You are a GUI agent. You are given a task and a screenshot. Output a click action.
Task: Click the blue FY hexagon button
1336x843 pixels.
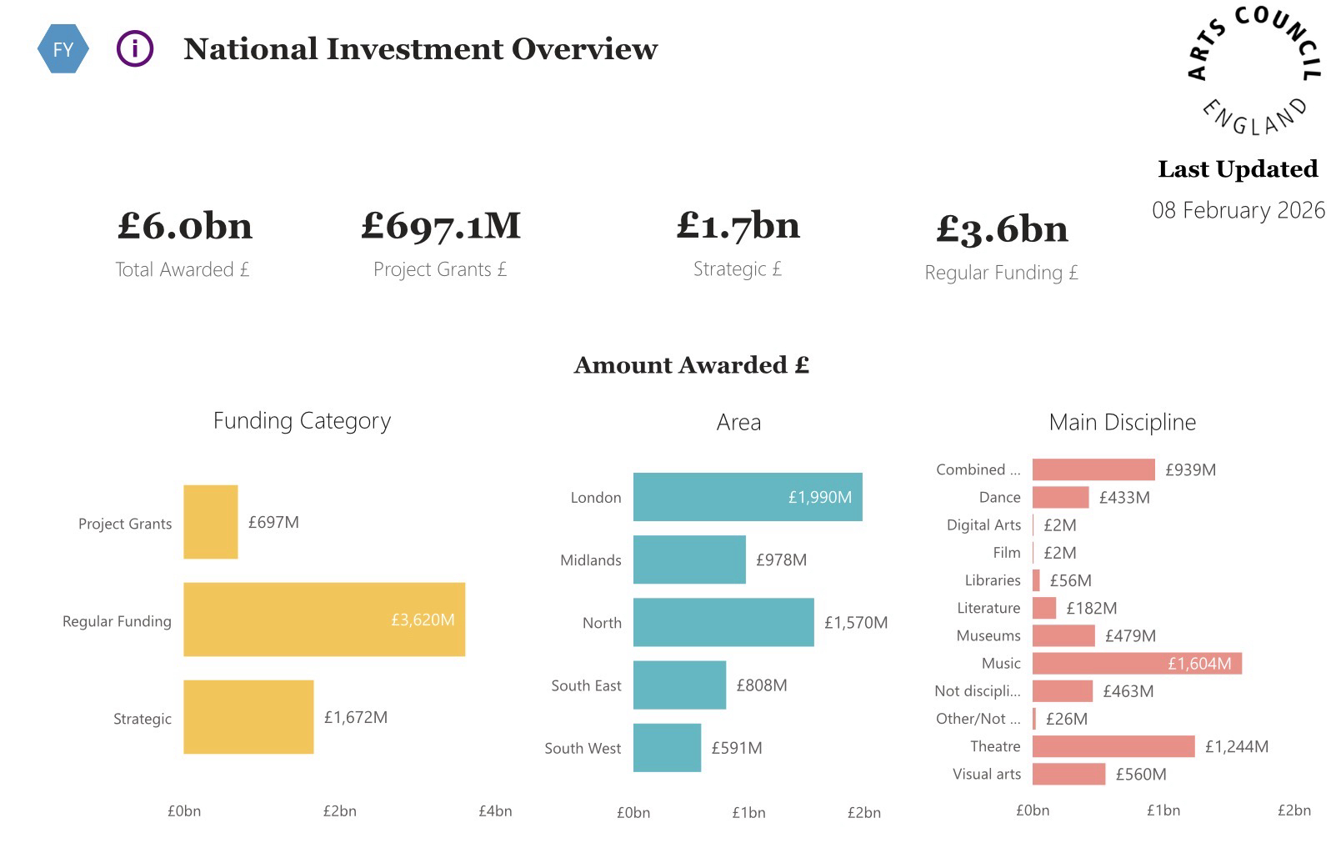pos(63,49)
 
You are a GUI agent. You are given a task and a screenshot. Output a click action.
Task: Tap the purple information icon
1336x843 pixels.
pos(134,48)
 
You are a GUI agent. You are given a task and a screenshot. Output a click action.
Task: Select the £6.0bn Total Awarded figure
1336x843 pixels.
pos(184,226)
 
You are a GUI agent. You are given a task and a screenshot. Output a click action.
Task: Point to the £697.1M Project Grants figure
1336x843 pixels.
pos(440,226)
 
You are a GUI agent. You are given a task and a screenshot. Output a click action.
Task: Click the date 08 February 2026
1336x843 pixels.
pos(1238,210)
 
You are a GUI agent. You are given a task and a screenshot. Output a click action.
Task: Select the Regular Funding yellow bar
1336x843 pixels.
pos(323,620)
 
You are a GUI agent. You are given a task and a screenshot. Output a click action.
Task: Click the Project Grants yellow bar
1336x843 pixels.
pos(210,522)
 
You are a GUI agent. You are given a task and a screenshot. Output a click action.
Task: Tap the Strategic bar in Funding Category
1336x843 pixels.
pos(248,717)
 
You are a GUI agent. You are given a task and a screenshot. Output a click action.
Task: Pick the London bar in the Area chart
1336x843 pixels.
pos(747,497)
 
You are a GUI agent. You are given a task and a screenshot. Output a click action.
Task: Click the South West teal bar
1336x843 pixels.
pos(667,748)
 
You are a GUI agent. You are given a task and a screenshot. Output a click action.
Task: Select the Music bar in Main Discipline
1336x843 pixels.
pos(1136,664)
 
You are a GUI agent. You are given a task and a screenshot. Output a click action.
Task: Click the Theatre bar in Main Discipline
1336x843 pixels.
pos(1113,746)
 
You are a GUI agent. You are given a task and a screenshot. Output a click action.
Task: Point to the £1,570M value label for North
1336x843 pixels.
pos(856,623)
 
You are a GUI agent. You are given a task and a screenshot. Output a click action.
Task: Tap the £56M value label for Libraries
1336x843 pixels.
pos(1070,580)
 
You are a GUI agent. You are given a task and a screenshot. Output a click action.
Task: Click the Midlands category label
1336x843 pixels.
pos(590,560)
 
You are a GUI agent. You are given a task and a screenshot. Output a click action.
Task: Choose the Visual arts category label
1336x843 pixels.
pos(986,775)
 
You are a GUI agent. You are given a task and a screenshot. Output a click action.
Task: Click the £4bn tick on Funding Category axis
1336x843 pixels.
pos(495,811)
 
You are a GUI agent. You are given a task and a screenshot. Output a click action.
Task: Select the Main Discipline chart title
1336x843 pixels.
pos(1122,422)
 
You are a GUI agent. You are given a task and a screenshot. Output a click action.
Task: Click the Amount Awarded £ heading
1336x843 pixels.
pos(691,365)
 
